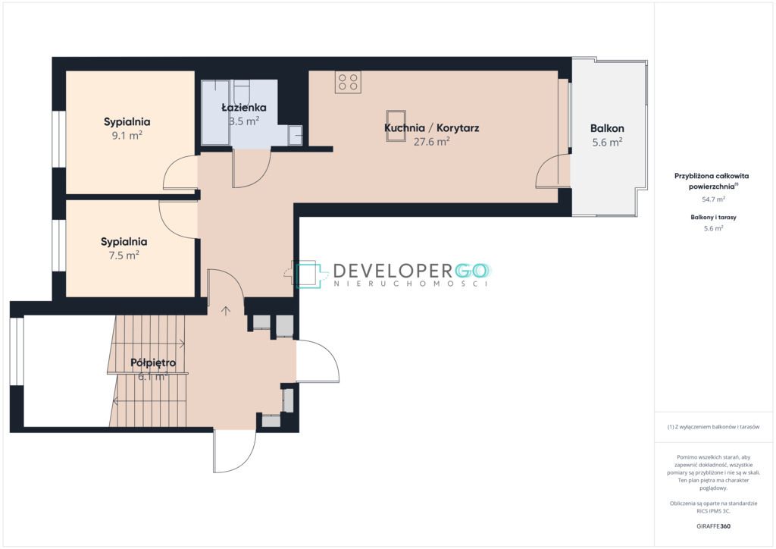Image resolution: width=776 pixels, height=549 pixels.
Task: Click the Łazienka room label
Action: pyautogui.click(x=243, y=108)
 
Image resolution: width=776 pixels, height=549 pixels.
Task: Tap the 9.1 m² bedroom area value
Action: pyautogui.click(x=127, y=135)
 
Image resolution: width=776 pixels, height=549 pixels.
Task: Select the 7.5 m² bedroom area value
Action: pyautogui.click(x=124, y=256)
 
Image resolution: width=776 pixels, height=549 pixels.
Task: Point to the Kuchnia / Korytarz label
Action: pyautogui.click(x=431, y=127)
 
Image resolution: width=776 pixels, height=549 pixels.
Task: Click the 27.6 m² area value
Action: pyautogui.click(x=431, y=142)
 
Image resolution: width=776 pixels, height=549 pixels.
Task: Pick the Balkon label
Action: pyautogui.click(x=607, y=128)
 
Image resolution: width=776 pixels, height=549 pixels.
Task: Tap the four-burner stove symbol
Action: pyautogui.click(x=348, y=82)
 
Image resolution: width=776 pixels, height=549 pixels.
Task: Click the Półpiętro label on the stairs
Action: pyautogui.click(x=153, y=363)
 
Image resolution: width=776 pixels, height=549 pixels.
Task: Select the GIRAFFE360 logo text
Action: pyautogui.click(x=713, y=526)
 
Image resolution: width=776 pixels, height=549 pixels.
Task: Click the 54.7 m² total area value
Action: pyautogui.click(x=714, y=199)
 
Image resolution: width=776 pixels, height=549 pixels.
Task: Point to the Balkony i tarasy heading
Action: pyautogui.click(x=714, y=218)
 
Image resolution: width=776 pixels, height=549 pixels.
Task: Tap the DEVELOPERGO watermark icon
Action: pyautogui.click(x=309, y=274)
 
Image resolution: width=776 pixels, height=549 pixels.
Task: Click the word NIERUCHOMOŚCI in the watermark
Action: pyautogui.click(x=411, y=284)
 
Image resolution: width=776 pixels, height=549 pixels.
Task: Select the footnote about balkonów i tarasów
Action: pyautogui.click(x=713, y=427)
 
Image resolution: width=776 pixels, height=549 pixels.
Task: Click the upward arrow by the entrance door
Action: pyautogui.click(x=226, y=311)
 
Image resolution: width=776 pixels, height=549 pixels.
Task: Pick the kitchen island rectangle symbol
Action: pyautogui.click(x=396, y=126)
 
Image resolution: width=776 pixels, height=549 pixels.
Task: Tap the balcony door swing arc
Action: pyautogui.click(x=544, y=166)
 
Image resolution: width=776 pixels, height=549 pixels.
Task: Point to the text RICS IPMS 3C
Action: pyautogui.click(x=713, y=511)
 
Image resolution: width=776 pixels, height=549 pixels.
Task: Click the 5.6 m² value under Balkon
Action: pyautogui.click(x=607, y=143)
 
